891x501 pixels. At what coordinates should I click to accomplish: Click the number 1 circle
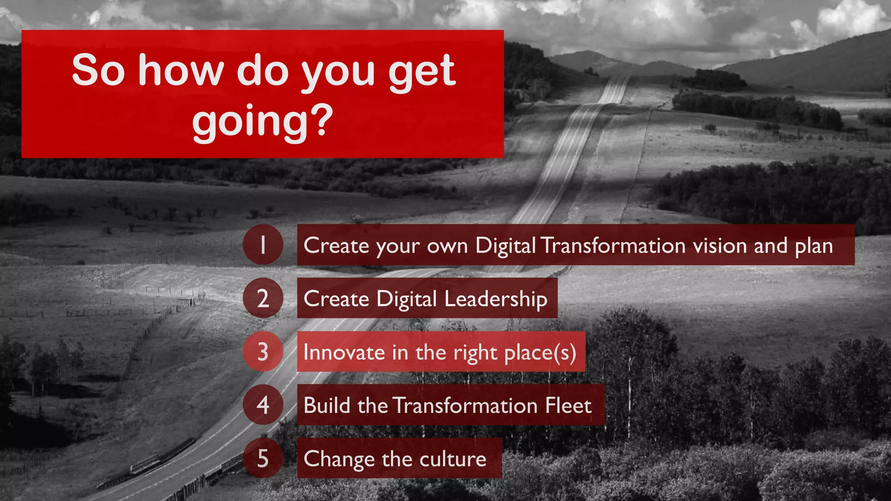tap(263, 245)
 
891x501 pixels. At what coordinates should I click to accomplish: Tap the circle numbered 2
tap(263, 298)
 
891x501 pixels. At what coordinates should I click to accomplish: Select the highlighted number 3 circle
tap(263, 352)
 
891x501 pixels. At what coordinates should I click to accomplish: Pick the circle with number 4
tap(263, 405)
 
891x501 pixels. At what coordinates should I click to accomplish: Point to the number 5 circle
tap(263, 458)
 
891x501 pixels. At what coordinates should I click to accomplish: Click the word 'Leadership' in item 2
tap(496, 299)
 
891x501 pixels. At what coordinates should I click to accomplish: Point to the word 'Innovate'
tap(344, 352)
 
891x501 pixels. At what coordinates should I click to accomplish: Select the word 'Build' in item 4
tap(327, 406)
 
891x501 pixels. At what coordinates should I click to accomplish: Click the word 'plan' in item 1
tap(814, 247)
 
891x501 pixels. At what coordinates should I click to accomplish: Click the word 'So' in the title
tap(99, 70)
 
